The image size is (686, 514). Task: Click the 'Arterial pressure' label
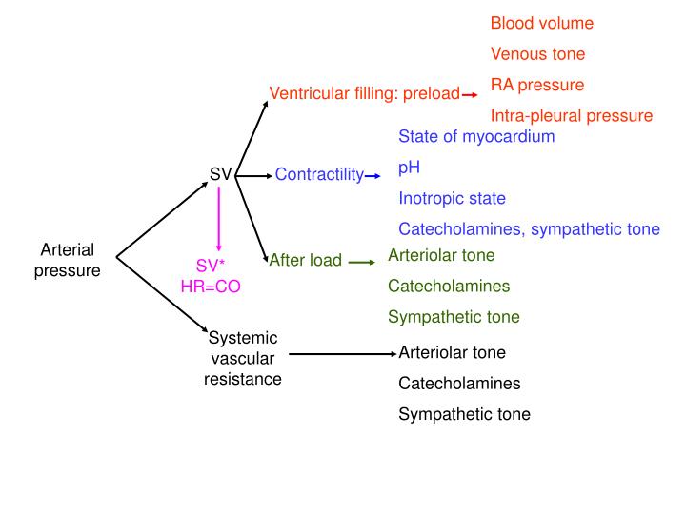point(67,260)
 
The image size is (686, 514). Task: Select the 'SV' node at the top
point(220,173)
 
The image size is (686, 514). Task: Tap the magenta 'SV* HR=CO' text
point(211,275)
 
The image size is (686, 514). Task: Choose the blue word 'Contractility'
point(319,174)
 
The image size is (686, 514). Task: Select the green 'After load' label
point(305,260)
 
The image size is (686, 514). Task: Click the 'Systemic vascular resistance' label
point(242,358)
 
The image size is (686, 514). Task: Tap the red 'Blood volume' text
point(541,23)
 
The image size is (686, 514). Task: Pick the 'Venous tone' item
point(537,54)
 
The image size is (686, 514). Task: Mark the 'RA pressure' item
point(536,85)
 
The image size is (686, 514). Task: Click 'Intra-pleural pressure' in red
point(571,116)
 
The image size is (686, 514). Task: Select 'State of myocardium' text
point(475,136)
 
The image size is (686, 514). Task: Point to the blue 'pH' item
point(409,168)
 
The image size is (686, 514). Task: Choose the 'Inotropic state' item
point(452,198)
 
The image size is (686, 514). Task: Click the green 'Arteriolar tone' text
point(441,255)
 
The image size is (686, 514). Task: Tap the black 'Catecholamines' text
point(459,384)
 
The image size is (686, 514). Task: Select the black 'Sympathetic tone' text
point(464,414)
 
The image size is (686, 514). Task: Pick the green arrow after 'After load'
point(362,260)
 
